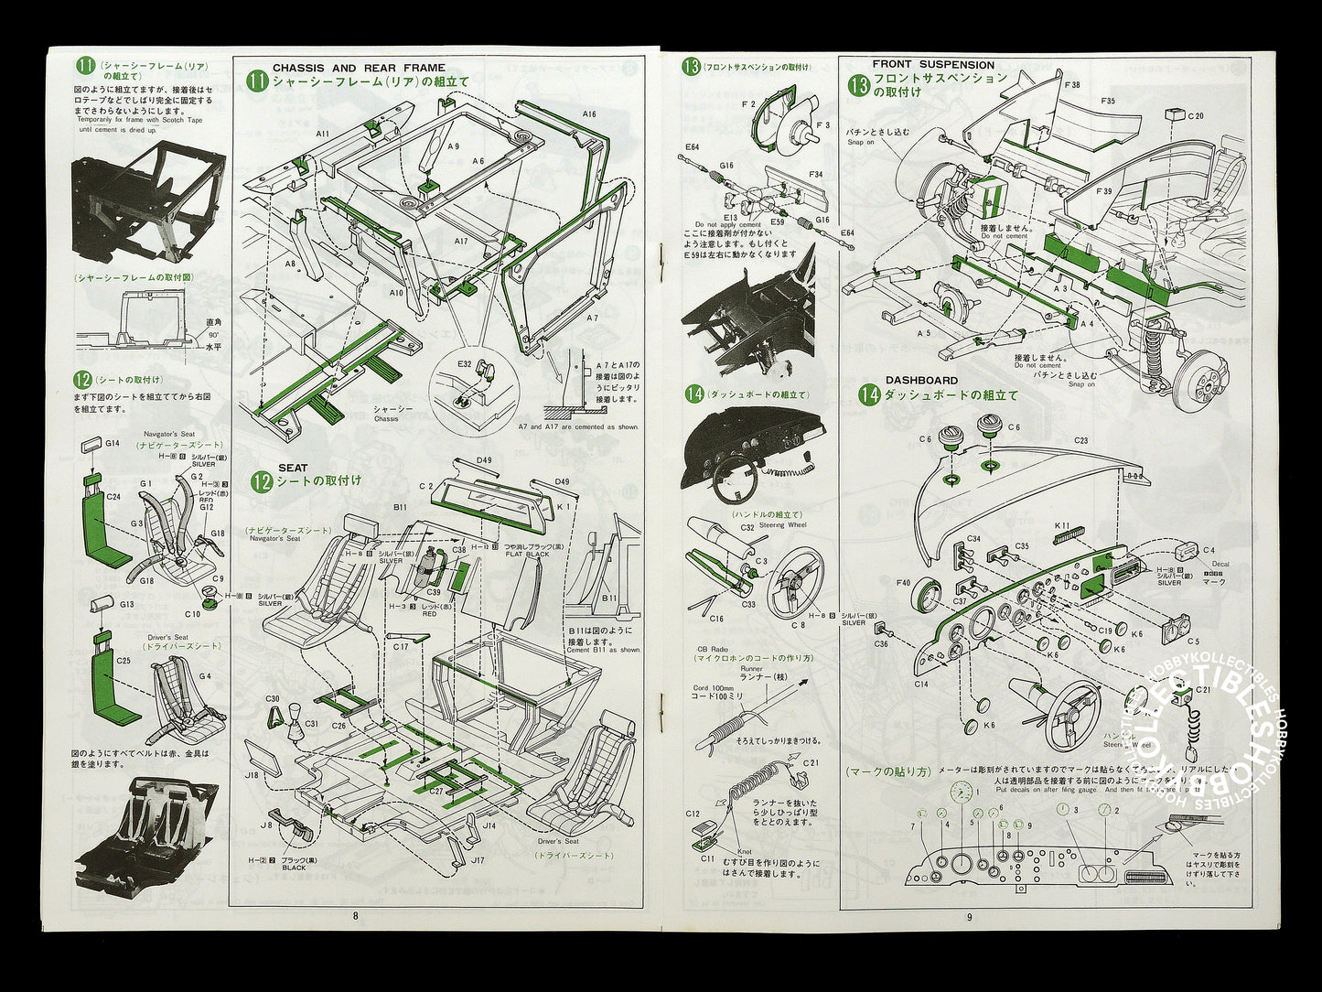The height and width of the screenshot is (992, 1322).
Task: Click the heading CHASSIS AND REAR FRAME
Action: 359,68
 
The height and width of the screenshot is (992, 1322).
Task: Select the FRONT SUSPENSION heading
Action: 933,65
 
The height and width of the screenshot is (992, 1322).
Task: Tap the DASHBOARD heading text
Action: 921,380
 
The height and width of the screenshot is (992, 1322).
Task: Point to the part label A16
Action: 588,114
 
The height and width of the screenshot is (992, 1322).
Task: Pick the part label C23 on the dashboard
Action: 1081,440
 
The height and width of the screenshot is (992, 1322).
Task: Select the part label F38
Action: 1073,84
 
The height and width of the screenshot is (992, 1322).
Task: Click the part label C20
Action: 1196,116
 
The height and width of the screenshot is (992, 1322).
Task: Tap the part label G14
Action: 113,444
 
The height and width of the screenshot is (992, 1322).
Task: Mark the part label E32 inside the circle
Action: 465,363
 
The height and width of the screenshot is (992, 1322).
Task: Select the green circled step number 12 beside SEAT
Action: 262,481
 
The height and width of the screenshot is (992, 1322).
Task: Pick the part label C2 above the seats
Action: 425,486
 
